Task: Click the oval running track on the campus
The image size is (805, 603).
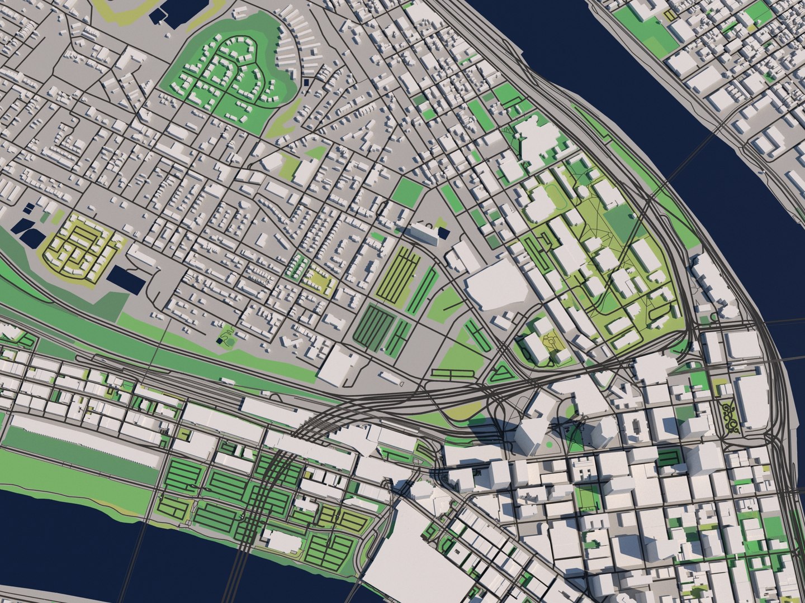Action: pyautogui.click(x=556, y=198)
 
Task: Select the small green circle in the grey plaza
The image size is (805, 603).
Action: pyautogui.click(x=548, y=444)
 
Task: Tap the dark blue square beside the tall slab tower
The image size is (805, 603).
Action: pyautogui.click(x=443, y=233)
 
